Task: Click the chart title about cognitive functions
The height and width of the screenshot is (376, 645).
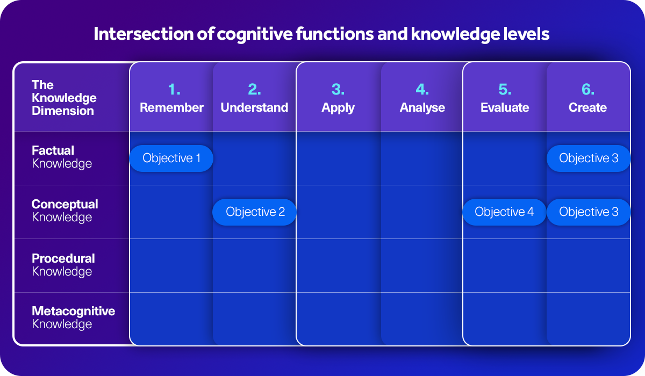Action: click(321, 34)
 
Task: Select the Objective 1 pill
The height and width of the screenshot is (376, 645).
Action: click(171, 158)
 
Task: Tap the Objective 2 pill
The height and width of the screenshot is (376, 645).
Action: click(255, 212)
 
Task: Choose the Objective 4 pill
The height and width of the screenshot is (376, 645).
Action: click(504, 212)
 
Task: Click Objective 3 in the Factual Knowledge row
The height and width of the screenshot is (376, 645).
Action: click(589, 158)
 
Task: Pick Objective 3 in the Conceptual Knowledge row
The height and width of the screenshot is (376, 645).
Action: click(589, 212)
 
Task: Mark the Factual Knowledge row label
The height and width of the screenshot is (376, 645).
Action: click(61, 157)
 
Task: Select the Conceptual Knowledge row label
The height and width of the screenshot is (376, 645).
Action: click(64, 211)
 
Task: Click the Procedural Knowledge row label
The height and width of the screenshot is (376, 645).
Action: click(63, 265)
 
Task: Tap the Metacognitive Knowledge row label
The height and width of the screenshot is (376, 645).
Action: click(73, 317)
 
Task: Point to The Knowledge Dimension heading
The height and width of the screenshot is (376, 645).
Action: click(64, 98)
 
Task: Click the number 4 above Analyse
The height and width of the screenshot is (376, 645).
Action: click(422, 89)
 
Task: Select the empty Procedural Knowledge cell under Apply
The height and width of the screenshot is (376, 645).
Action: click(338, 265)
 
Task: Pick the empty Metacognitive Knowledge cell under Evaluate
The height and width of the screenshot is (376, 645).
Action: click(505, 319)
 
